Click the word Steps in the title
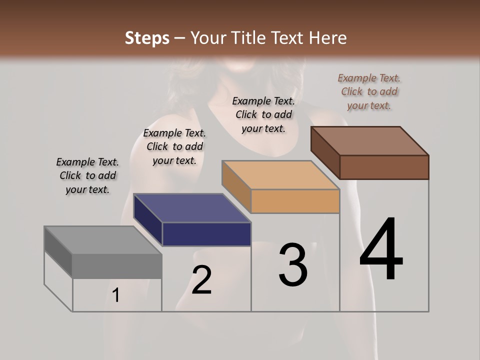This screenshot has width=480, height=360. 147,38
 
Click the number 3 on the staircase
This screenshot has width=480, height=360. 293,265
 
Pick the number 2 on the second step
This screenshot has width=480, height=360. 202,280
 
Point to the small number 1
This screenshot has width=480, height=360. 116,295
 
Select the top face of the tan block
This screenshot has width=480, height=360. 280,175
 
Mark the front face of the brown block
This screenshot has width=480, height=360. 384,167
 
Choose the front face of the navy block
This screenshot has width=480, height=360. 206,234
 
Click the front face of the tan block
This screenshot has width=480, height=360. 295,201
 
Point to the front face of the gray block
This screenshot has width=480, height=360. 117,266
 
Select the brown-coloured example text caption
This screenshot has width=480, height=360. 369,91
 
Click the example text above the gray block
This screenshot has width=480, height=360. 87,175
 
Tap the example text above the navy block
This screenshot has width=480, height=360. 174,146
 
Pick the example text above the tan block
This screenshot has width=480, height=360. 263,114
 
